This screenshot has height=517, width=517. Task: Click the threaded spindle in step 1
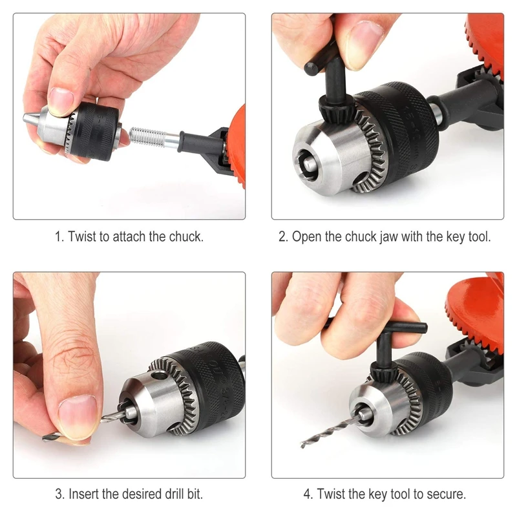click(147, 136)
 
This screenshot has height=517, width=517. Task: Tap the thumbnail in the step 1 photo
click(61, 101)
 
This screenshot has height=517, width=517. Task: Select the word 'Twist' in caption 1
click(81, 237)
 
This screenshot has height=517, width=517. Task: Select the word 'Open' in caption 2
click(306, 237)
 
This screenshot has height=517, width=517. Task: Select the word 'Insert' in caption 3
click(85, 495)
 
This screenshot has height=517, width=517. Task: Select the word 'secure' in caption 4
click(445, 495)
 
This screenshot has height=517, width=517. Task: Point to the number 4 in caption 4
click(307, 495)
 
